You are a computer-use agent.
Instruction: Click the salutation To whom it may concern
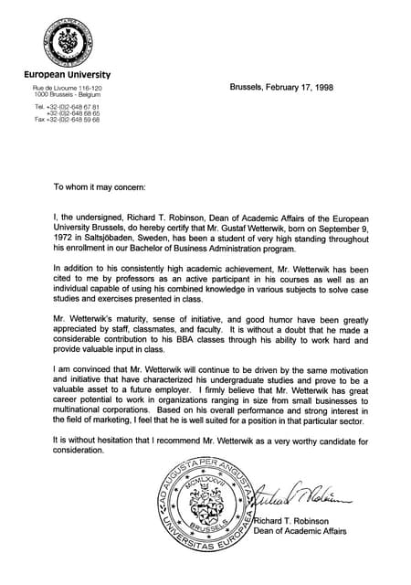[100, 186]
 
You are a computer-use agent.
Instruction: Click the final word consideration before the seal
[80, 452]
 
